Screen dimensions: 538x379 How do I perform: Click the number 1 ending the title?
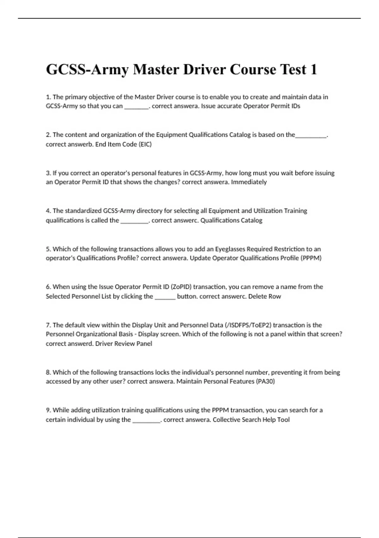pos(313,70)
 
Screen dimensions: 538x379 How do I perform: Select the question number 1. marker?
pos(48,97)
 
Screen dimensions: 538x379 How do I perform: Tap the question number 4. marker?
pos(48,211)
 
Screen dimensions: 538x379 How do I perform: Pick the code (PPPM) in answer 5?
pos(311,258)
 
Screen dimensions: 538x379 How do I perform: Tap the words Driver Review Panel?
pos(123,343)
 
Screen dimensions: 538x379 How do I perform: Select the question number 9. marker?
pos(48,410)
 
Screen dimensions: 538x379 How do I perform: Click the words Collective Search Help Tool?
pos(251,420)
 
